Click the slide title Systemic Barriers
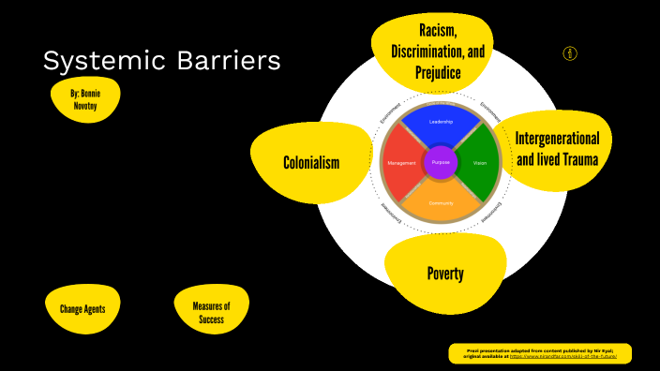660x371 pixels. pyautogui.click(x=161, y=62)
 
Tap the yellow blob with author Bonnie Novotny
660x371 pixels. pyautogui.click(x=85, y=100)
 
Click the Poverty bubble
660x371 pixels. pyautogui.click(x=445, y=274)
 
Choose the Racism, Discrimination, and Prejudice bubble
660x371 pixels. pyautogui.click(x=438, y=52)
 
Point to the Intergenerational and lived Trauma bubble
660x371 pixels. pyautogui.click(x=556, y=149)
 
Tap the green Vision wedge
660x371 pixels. pyautogui.click(x=479, y=163)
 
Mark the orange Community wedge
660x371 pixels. pyautogui.click(x=441, y=202)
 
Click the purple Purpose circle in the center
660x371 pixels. pyautogui.click(x=441, y=163)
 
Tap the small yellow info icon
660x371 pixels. pyautogui.click(x=570, y=53)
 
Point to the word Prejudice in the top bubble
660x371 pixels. pyautogui.click(x=438, y=71)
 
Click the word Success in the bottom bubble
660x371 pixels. pyautogui.click(x=211, y=320)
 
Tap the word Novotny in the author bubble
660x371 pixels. pyautogui.click(x=85, y=107)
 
